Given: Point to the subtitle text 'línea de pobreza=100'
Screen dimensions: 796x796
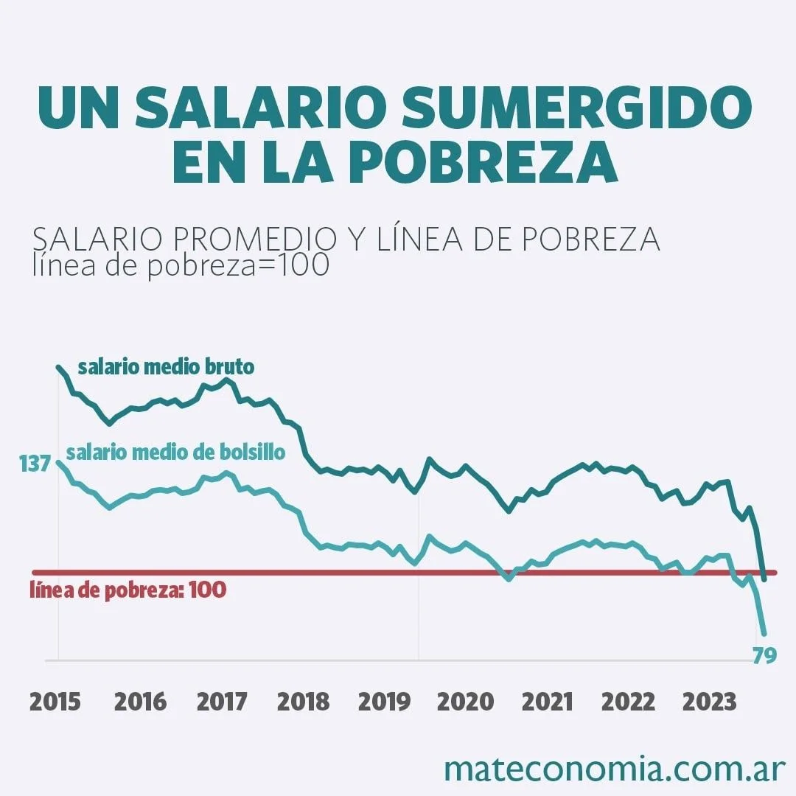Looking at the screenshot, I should (x=181, y=265).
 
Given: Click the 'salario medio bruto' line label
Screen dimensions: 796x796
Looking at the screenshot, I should (x=166, y=366).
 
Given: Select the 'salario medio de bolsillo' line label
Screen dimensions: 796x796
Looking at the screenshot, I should (x=175, y=452).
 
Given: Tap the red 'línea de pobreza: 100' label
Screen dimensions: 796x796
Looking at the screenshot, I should (x=128, y=590).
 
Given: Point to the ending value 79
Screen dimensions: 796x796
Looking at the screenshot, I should (x=765, y=655).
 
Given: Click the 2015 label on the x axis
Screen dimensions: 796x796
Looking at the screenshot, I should (x=55, y=702).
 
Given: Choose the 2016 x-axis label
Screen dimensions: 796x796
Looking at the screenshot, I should (x=140, y=702).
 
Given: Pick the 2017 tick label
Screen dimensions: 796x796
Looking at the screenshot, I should (x=222, y=702).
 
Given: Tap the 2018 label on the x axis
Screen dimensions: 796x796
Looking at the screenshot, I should (x=303, y=702).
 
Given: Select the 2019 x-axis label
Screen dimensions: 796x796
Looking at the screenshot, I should (x=384, y=702).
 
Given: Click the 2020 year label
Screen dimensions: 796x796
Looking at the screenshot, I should (x=466, y=702).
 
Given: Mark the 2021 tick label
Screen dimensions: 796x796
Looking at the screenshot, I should (x=547, y=702).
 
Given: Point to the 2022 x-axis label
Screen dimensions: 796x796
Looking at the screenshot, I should (x=628, y=702).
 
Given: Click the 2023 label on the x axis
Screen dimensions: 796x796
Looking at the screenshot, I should (x=709, y=702).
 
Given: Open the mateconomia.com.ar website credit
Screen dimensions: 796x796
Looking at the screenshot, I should (x=615, y=768).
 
